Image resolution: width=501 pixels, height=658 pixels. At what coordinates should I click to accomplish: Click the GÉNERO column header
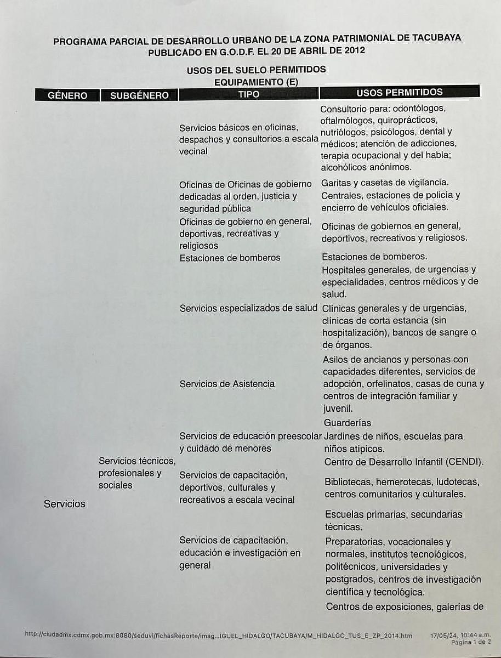(67, 95)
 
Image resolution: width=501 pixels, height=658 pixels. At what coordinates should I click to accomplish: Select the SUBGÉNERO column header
(139, 95)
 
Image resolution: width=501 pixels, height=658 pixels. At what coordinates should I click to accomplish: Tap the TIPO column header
(249, 94)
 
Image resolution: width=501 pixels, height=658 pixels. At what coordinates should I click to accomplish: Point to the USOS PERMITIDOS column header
(400, 92)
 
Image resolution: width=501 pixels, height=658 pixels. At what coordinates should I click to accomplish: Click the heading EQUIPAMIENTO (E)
(256, 81)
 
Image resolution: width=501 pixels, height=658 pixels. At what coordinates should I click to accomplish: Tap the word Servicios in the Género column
(65, 503)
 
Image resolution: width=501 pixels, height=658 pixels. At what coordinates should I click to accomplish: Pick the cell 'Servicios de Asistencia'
(227, 384)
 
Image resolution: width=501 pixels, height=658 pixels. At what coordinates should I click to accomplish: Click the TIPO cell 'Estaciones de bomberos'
(230, 258)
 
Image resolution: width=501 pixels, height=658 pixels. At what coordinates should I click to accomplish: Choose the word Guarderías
(348, 423)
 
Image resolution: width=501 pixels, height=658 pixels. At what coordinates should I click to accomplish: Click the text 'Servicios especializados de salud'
(248, 308)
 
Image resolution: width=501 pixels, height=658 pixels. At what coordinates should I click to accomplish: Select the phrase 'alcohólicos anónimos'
(366, 167)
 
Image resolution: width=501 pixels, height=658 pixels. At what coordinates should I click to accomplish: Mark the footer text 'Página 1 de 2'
(471, 642)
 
